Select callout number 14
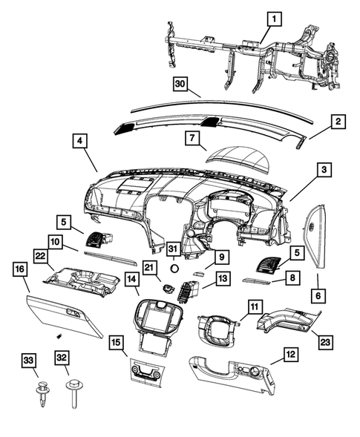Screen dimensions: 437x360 click(131, 280)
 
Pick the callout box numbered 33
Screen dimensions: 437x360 click(27, 361)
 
